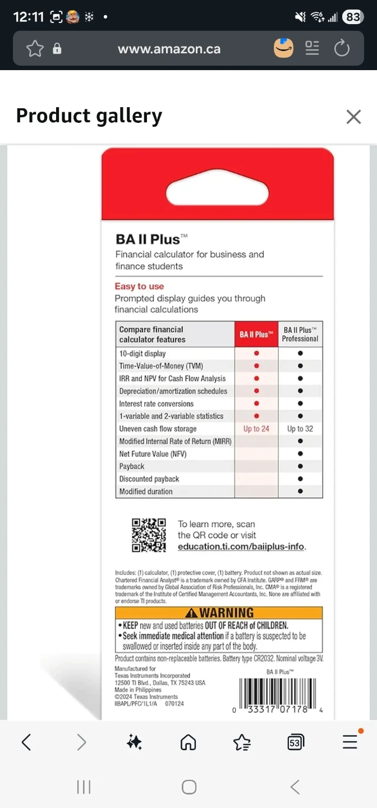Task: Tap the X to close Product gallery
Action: click(x=353, y=117)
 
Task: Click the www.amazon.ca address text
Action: click(x=169, y=49)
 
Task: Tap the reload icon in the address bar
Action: click(x=342, y=49)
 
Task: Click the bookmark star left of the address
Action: click(x=35, y=49)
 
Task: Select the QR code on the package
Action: click(x=149, y=535)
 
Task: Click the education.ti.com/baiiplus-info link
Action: click(x=242, y=547)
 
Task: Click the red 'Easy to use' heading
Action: click(x=139, y=287)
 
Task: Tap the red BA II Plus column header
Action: click(x=256, y=334)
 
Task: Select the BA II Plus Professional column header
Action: click(x=300, y=334)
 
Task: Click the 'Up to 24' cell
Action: click(x=256, y=429)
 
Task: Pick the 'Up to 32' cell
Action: click(x=300, y=429)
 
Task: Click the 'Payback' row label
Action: click(x=132, y=466)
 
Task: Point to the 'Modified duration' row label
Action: click(x=146, y=492)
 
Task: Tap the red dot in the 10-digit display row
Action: click(x=256, y=353)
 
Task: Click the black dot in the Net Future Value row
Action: click(x=300, y=454)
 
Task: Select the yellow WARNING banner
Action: click(x=219, y=613)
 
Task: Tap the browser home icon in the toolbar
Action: click(x=188, y=742)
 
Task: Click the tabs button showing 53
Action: click(x=295, y=742)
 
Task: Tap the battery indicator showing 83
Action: click(x=352, y=17)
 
